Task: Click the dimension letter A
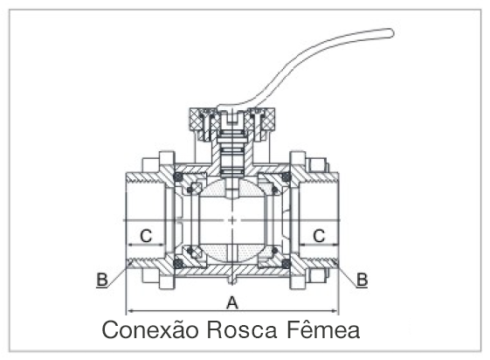point(231,303)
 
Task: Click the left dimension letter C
point(146,236)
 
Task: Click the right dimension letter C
point(319,236)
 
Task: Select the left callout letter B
point(102,280)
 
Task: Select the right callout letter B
point(362,280)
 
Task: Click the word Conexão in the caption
point(150,329)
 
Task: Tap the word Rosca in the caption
point(242,329)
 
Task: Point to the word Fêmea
point(323,329)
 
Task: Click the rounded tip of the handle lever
point(390,32)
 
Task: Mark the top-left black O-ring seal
point(178,177)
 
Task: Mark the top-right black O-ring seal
point(286,177)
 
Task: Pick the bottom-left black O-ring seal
point(178,263)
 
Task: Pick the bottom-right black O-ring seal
point(286,263)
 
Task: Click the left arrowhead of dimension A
point(128,311)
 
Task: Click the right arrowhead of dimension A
point(336,311)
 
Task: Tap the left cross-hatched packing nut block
point(196,121)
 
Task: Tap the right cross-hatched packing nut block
point(268,121)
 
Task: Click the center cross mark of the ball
point(231,220)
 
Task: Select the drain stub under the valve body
point(231,279)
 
